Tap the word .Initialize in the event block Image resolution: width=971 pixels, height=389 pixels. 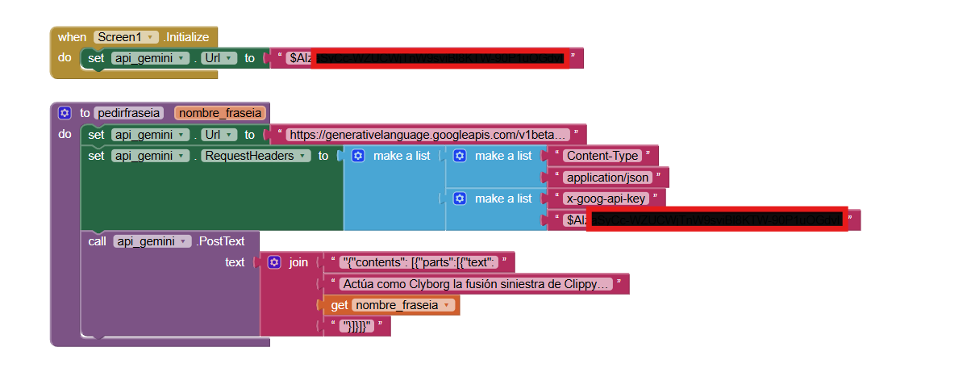click(x=186, y=37)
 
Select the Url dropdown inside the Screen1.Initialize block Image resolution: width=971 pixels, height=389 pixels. click(x=219, y=58)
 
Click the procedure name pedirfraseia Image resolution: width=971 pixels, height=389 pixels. click(x=129, y=113)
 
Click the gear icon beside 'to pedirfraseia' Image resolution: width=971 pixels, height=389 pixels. click(x=65, y=113)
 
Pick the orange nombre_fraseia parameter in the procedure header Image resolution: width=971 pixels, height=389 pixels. click(x=219, y=113)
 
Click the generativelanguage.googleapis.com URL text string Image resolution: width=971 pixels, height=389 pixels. click(x=428, y=135)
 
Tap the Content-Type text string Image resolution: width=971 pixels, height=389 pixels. click(x=602, y=156)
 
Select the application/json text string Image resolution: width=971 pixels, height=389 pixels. click(x=607, y=178)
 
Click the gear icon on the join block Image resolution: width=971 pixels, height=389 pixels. click(x=274, y=262)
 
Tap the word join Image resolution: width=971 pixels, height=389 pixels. click(x=298, y=262)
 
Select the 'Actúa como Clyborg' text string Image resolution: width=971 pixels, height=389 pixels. click(x=475, y=284)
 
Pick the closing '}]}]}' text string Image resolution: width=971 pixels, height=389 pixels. click(x=356, y=327)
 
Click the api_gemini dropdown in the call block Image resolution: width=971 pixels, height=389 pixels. click(x=152, y=241)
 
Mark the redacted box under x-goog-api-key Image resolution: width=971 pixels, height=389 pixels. click(x=716, y=220)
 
